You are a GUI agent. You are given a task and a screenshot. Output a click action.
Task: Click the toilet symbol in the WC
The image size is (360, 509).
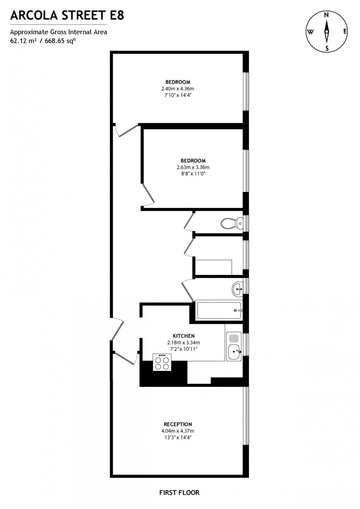coord(231,223)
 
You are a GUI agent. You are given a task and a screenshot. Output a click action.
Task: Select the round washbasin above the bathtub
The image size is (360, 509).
coord(237,289)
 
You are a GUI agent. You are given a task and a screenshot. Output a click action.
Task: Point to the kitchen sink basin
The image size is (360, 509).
coord(234,352)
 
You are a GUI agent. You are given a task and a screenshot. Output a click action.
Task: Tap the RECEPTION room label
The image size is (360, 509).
coord(178,424)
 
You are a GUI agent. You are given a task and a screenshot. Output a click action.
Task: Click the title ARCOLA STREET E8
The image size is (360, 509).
coord(67,16)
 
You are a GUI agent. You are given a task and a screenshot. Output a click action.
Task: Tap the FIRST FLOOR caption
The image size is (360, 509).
coord(179,492)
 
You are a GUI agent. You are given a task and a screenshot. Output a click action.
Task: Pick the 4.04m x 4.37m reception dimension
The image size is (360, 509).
coord(178,431)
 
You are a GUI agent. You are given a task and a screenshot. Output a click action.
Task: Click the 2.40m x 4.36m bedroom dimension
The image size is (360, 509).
coord(178,88)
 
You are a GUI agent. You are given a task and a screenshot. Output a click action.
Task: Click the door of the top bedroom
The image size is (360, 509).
coord(127,131)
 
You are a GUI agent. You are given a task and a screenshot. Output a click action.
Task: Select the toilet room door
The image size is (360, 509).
coord(189,221)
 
